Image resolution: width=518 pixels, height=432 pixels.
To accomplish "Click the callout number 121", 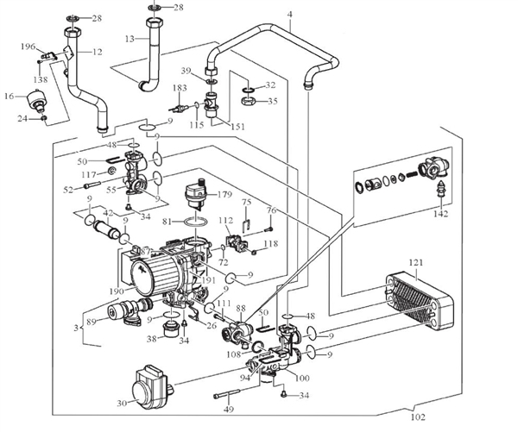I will coord(417,262).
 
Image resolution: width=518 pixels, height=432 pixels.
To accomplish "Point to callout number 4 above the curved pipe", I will coord(290,15).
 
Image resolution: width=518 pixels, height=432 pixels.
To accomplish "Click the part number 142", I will coord(442,214).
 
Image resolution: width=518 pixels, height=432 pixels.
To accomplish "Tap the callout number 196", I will coord(27,47).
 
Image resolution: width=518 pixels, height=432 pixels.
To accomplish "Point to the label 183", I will coord(179,88).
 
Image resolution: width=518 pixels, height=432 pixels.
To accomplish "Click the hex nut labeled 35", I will coord(247,101).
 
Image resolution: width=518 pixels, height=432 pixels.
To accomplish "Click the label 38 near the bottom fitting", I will coord(152,339).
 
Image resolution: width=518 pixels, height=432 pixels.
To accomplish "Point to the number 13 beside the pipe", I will coord(129,39).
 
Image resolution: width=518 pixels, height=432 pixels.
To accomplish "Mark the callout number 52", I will coord(68,189).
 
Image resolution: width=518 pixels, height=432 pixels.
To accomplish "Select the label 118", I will coord(271,245).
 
